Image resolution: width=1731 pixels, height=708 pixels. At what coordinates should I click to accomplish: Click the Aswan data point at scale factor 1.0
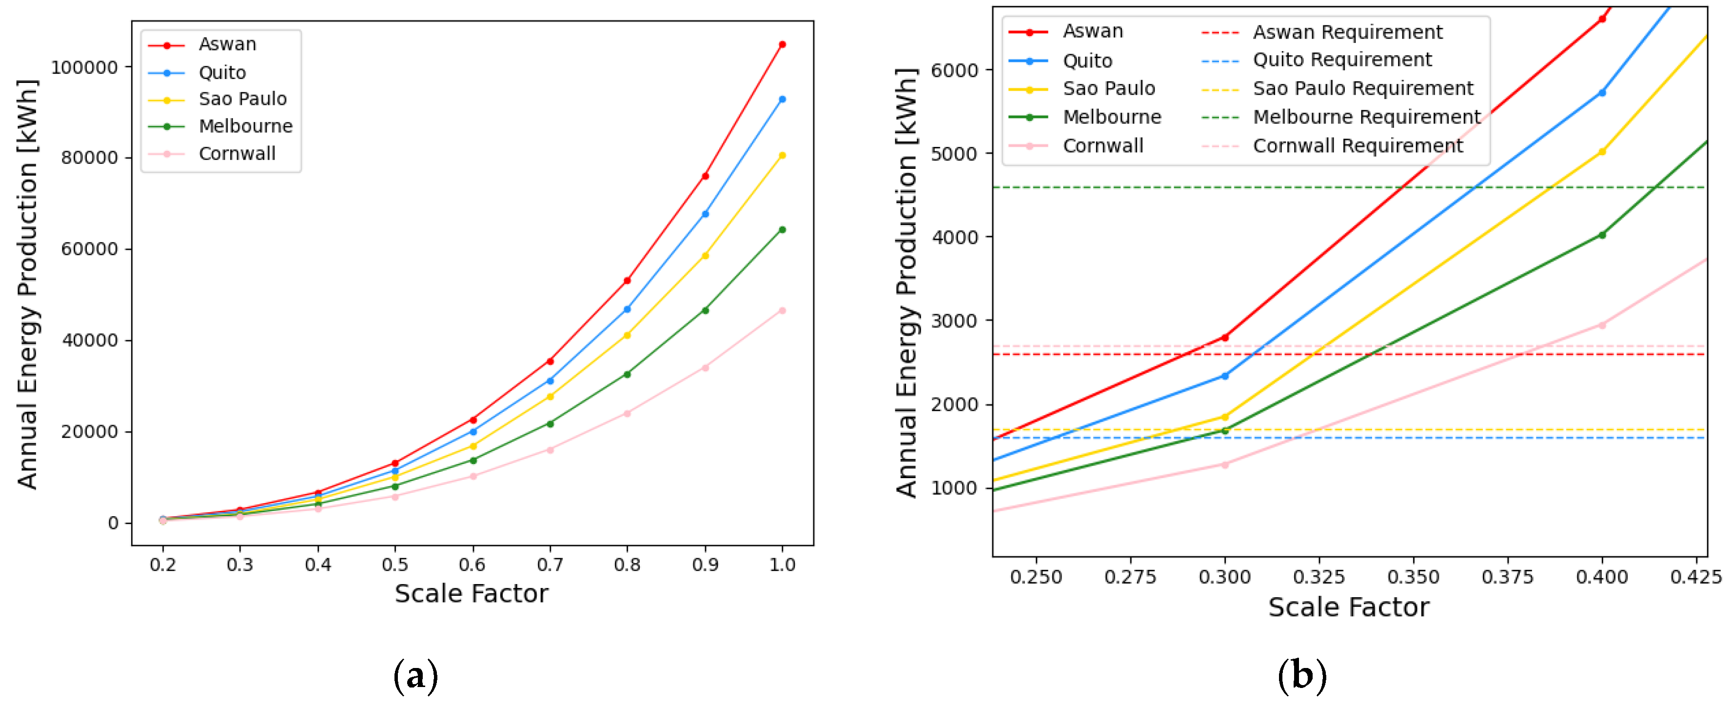(x=782, y=44)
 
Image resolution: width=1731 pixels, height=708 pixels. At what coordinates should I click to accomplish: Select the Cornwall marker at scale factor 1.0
(x=782, y=311)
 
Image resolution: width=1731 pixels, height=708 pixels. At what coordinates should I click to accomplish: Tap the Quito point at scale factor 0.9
(x=705, y=214)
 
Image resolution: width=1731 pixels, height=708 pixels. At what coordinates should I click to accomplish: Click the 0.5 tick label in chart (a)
(x=395, y=564)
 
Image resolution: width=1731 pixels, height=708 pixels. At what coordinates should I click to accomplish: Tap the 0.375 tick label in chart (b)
(x=1507, y=577)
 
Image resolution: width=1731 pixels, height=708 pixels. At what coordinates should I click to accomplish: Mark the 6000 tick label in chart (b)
(x=954, y=70)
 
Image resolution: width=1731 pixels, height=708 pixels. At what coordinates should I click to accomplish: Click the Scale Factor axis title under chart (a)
(x=471, y=594)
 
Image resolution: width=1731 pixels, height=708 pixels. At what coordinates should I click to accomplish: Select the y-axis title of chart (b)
(x=906, y=283)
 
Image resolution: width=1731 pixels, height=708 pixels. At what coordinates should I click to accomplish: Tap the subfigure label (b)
(x=1301, y=675)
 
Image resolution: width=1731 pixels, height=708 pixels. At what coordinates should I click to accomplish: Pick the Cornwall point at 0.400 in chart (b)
(x=1602, y=325)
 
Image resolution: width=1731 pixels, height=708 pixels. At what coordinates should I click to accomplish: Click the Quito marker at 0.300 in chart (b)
(x=1224, y=376)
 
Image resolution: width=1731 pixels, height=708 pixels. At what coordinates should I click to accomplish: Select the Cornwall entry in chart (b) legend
(x=1102, y=146)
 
